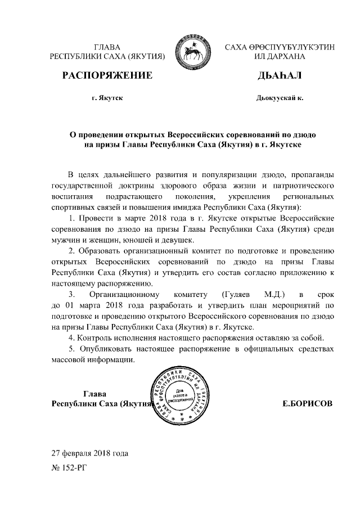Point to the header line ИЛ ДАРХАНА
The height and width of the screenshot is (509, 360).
[x=279, y=57]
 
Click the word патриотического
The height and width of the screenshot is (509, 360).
[x=298, y=184]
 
